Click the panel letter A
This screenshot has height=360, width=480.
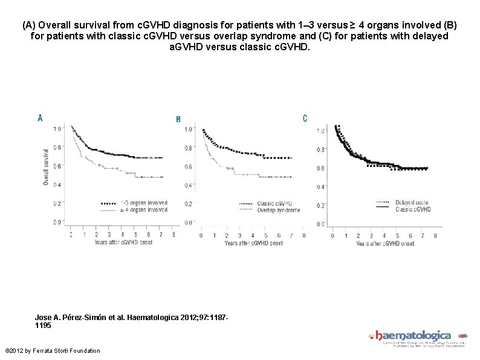(x=40, y=118)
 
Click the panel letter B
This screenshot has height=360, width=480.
(x=178, y=120)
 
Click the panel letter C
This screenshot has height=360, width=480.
(x=305, y=118)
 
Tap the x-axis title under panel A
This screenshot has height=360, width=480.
(x=123, y=243)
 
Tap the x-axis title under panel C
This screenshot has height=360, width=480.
(x=385, y=244)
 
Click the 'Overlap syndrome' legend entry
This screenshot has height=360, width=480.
(x=278, y=209)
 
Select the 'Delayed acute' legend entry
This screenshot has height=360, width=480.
(x=413, y=202)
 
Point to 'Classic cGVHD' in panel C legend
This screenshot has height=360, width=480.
(x=414, y=209)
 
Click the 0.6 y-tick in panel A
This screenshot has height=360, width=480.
(x=56, y=166)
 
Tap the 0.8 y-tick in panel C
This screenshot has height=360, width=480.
(x=321, y=149)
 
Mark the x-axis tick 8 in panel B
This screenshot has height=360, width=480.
(x=304, y=235)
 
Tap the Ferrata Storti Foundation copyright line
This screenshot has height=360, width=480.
(x=52, y=351)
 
